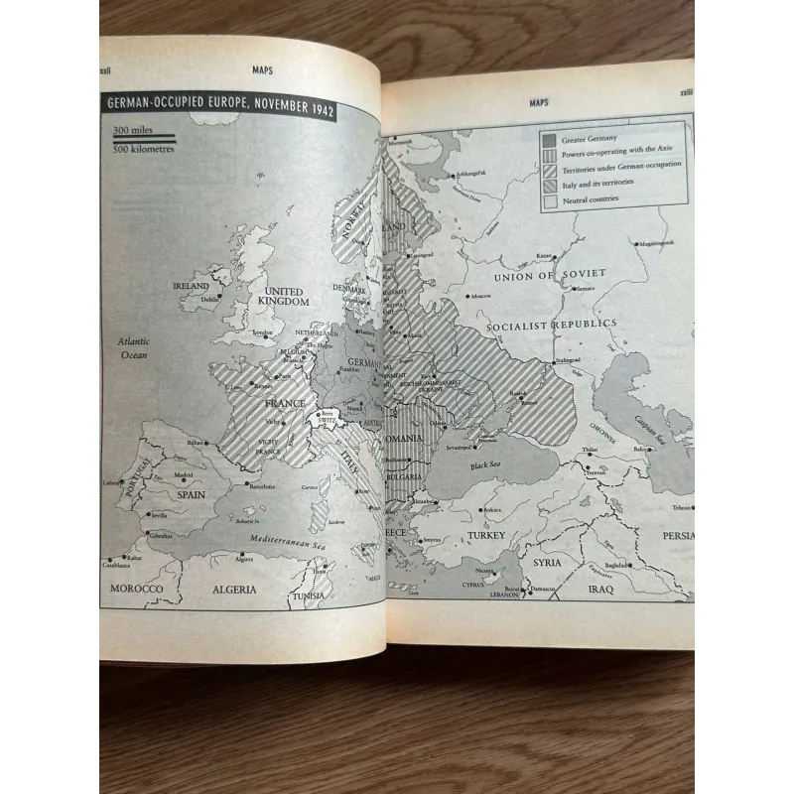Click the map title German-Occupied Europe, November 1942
click(218, 108)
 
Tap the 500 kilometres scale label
click(142, 150)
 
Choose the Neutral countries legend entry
click(594, 199)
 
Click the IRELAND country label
click(192, 286)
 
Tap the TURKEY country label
click(487, 535)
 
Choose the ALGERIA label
click(234, 589)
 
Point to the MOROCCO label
click(136, 588)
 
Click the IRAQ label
click(600, 589)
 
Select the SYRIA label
click(547, 562)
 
